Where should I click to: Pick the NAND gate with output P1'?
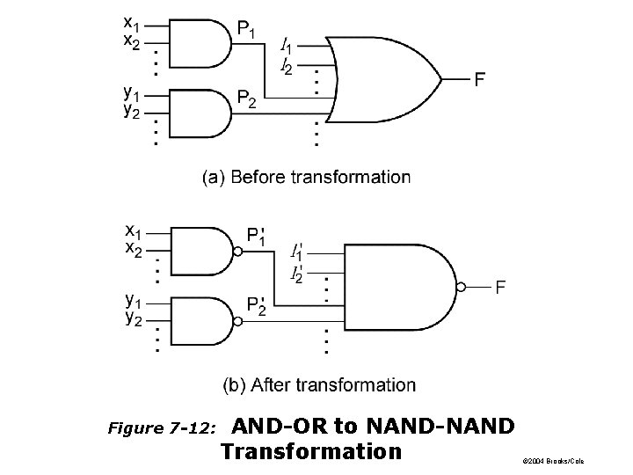(199, 252)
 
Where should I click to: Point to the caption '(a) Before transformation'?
(307, 177)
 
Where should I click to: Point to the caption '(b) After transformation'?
(319, 384)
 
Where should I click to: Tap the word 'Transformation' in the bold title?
(311, 452)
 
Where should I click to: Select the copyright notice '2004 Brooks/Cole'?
(551, 461)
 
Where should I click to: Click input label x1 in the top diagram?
(130, 21)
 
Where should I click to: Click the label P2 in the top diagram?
(247, 103)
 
